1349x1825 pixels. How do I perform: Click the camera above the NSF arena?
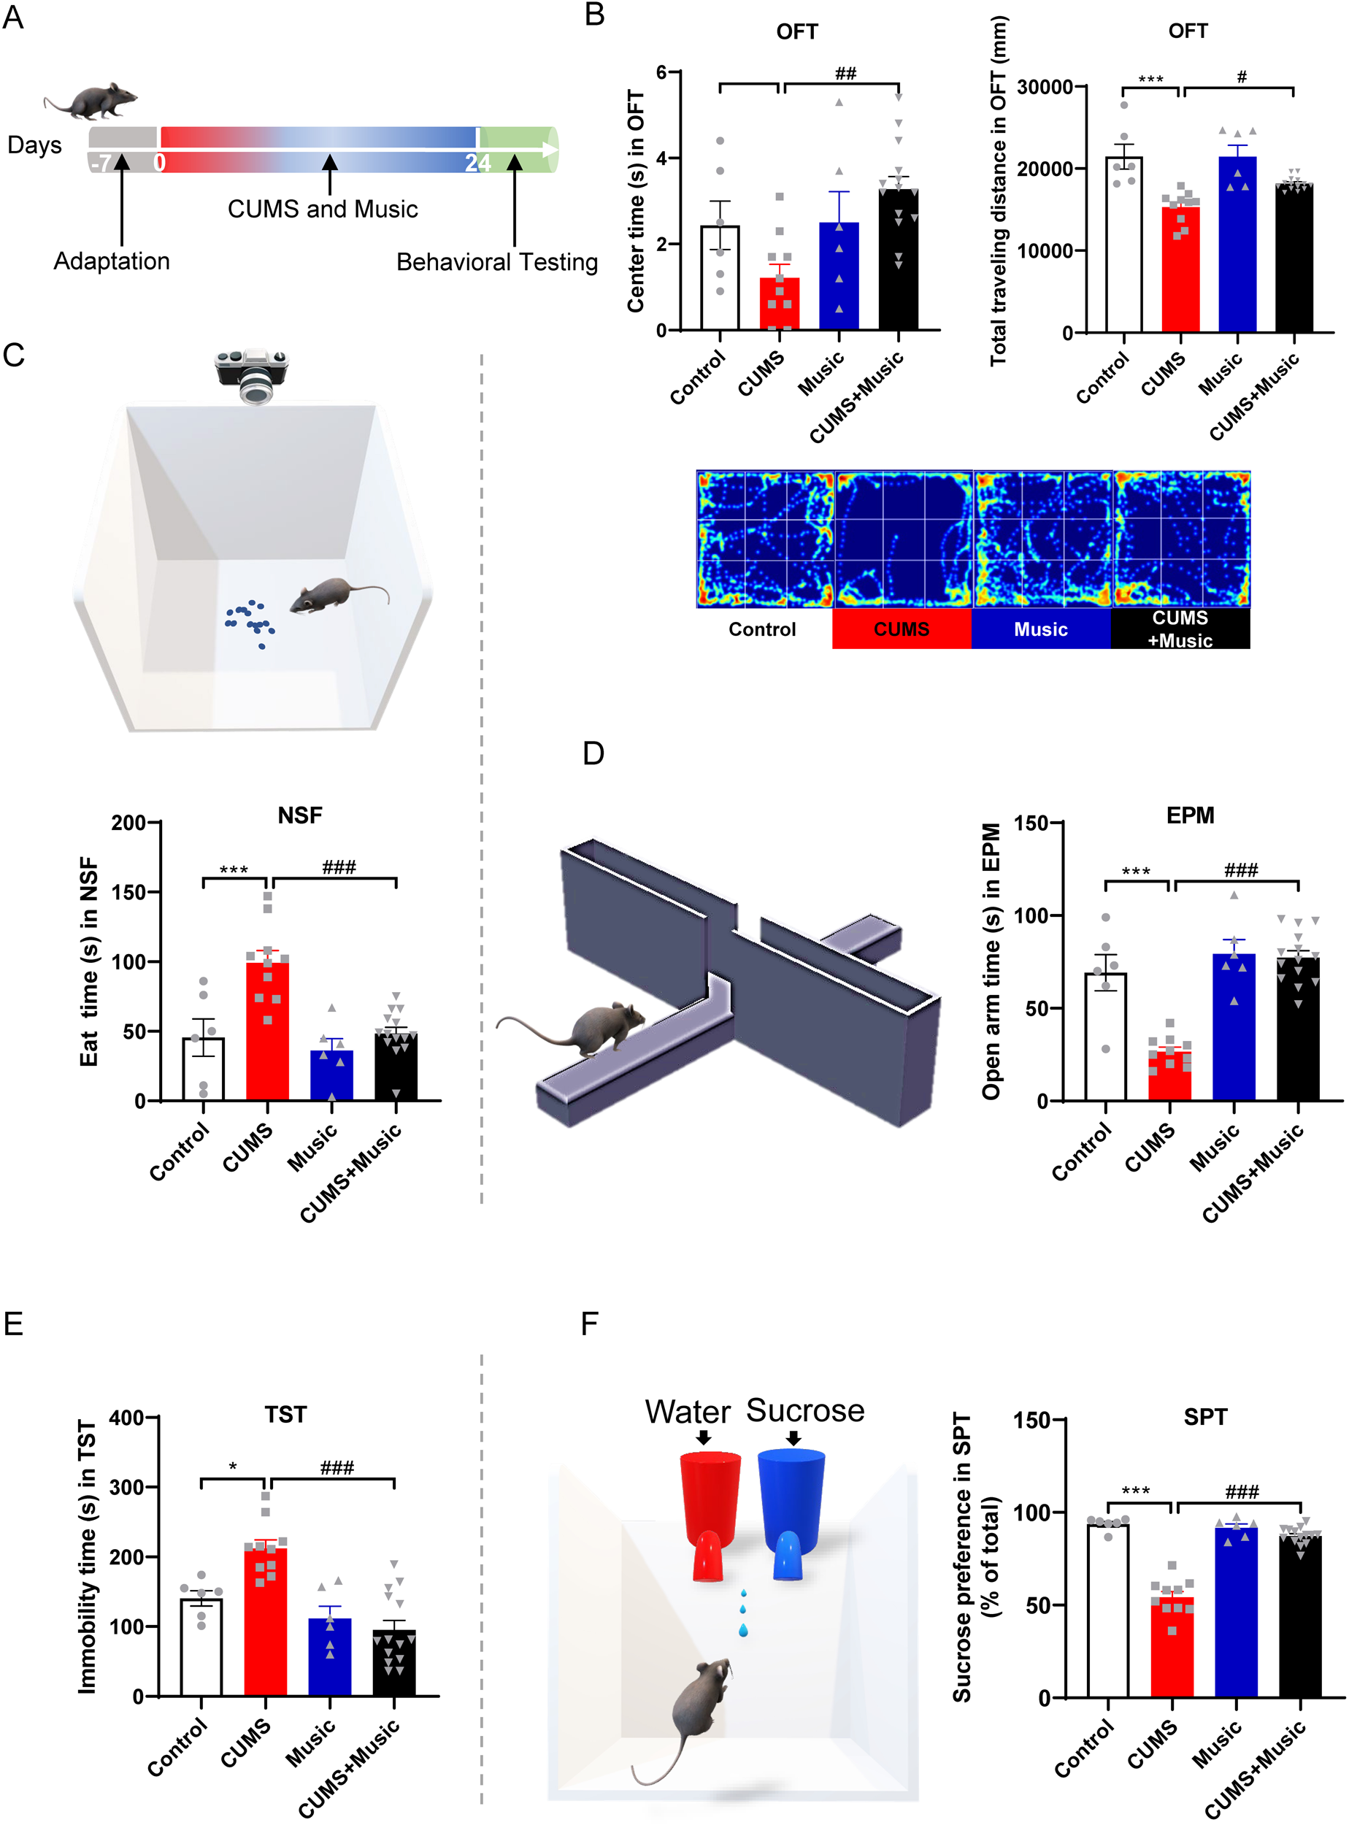point(252,374)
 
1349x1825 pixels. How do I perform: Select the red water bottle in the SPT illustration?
point(709,1514)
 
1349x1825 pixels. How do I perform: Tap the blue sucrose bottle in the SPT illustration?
point(790,1514)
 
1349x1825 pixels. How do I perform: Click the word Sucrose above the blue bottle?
point(804,1410)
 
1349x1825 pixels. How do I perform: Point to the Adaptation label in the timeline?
point(112,261)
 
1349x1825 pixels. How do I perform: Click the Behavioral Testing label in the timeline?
point(496,262)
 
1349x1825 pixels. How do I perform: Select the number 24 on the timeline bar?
point(477,164)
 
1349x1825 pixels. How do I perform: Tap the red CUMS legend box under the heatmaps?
point(902,629)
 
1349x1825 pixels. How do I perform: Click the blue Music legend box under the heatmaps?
point(1040,629)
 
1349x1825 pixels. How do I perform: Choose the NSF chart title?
point(300,815)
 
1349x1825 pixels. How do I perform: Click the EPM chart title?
point(1190,815)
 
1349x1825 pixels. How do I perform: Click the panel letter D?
point(593,753)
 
